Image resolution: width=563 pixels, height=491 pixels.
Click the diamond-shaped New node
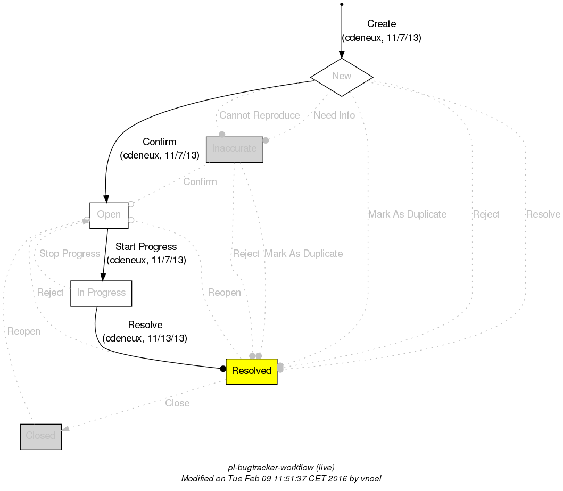(341, 76)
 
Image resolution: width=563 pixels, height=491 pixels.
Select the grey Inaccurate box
(234, 149)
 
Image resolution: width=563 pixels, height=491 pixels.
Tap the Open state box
(109, 215)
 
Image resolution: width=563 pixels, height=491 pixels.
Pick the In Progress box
(101, 293)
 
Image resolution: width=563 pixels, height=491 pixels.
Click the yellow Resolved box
(252, 371)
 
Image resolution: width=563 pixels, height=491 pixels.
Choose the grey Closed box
(41, 436)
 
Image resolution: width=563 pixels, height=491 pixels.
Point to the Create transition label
(382, 24)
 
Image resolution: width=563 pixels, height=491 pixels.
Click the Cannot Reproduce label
(259, 116)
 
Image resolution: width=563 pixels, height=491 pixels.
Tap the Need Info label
(334, 115)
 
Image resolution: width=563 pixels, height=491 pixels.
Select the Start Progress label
(146, 247)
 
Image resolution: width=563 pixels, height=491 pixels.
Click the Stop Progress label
(70, 254)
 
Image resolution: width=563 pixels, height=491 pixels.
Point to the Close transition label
(177, 403)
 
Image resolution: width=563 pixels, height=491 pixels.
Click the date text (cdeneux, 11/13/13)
(145, 338)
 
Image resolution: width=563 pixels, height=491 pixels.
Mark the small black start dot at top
(341, 4)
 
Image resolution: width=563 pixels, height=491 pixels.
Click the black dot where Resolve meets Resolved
(223, 369)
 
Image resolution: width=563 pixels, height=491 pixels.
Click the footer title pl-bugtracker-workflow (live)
(281, 468)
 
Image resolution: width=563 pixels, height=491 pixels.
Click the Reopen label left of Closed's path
(24, 331)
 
